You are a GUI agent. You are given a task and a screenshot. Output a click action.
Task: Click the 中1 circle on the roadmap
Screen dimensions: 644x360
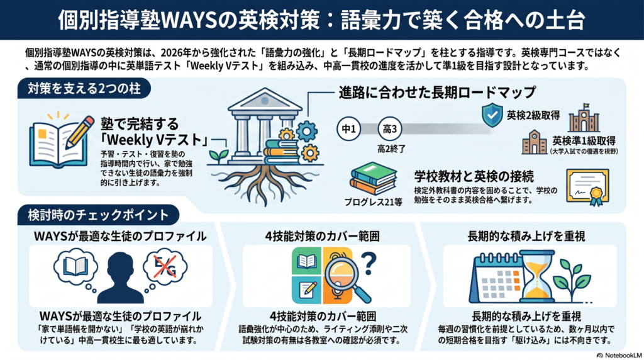point(348,129)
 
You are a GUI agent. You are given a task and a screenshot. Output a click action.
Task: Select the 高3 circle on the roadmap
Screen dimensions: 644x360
point(390,129)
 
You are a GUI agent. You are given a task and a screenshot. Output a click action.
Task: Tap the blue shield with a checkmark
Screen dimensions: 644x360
point(492,115)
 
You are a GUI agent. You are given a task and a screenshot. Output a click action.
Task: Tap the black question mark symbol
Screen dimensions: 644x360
point(369,264)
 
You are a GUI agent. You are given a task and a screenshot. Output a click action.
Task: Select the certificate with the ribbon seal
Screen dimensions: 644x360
point(587,187)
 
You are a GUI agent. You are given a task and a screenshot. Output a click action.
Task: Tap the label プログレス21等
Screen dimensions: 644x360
point(374,202)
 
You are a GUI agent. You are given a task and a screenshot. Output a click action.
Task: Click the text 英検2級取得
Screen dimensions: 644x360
point(533,115)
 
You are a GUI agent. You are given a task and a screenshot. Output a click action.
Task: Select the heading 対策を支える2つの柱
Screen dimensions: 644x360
point(84,88)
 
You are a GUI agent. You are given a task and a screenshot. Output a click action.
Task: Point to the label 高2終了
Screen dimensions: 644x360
point(391,149)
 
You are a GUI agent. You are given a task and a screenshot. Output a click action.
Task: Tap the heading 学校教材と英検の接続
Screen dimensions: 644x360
point(474,177)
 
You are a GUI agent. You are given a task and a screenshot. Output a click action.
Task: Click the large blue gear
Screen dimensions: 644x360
point(306,131)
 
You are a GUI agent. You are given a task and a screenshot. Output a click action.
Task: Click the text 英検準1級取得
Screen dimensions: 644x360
point(584,140)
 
